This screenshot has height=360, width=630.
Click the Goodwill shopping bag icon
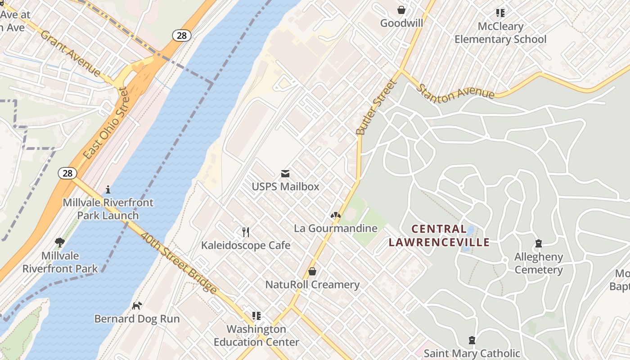401,10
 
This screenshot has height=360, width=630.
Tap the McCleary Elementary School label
500,33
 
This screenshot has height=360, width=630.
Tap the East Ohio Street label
106,123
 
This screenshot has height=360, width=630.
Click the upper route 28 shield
181,36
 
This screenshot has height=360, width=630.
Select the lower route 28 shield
67,173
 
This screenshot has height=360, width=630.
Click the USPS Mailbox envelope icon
285,174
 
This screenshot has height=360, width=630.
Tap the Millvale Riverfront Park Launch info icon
108,189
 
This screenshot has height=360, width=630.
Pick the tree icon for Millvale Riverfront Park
60,243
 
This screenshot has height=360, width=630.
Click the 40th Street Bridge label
179,263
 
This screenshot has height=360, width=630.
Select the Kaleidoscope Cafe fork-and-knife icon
246,232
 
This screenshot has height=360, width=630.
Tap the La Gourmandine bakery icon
335,216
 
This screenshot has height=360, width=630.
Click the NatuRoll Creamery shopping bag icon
312,271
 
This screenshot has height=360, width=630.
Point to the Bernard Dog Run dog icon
137,306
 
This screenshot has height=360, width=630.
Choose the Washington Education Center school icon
256,316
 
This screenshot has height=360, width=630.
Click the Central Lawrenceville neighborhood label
439,235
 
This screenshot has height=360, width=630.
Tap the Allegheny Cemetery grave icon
538,244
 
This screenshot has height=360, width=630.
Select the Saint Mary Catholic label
472,353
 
